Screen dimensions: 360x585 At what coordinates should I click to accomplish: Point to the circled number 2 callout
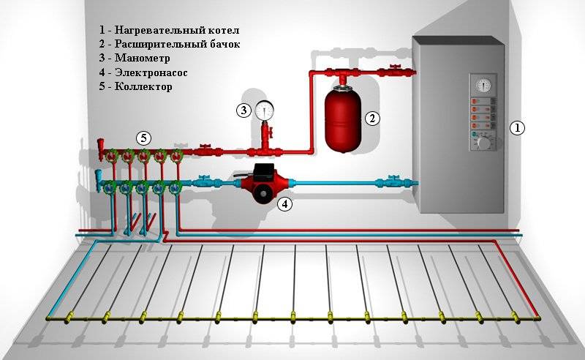coord(372,118)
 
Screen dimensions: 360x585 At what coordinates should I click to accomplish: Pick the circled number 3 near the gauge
coord(243,110)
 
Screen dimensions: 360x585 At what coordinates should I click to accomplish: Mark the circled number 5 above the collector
coord(144,138)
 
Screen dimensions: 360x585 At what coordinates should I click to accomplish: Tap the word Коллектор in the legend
coord(143,86)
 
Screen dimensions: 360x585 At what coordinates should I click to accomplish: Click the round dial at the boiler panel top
coord(481,85)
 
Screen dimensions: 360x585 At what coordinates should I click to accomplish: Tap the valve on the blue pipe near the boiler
coord(393,181)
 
